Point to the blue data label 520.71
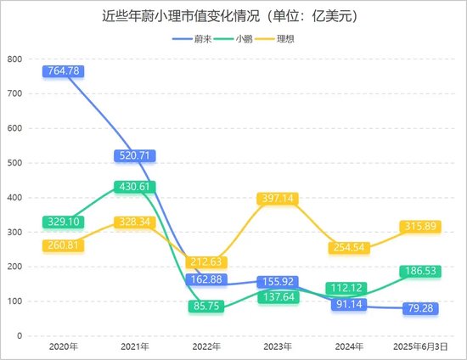(133, 155)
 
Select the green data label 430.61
(133, 187)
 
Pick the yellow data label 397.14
(278, 198)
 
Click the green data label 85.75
(205, 307)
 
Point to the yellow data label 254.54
(350, 247)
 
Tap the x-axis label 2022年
(205, 347)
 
